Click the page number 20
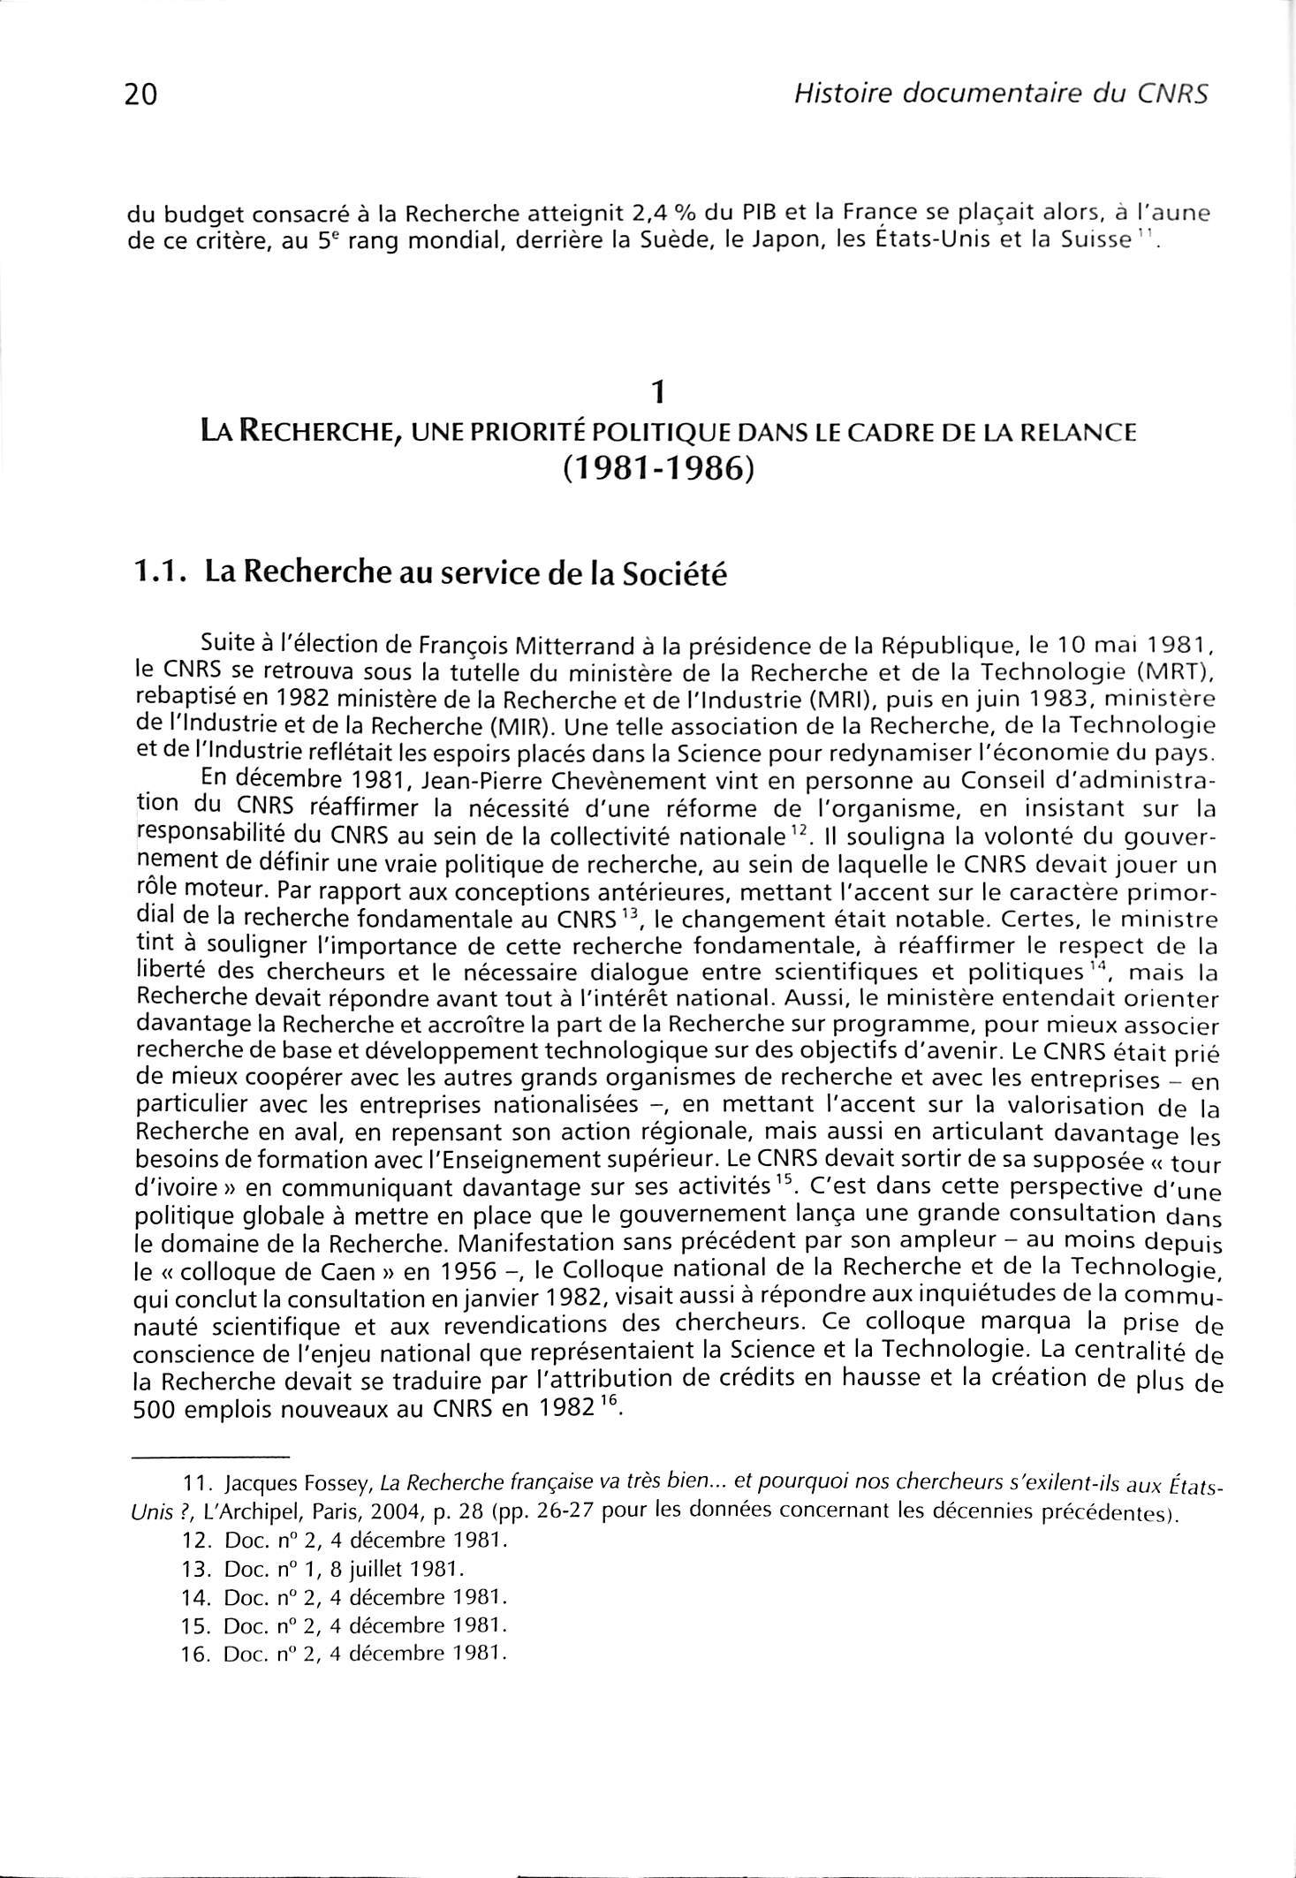click(141, 94)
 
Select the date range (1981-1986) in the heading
click(656, 469)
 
